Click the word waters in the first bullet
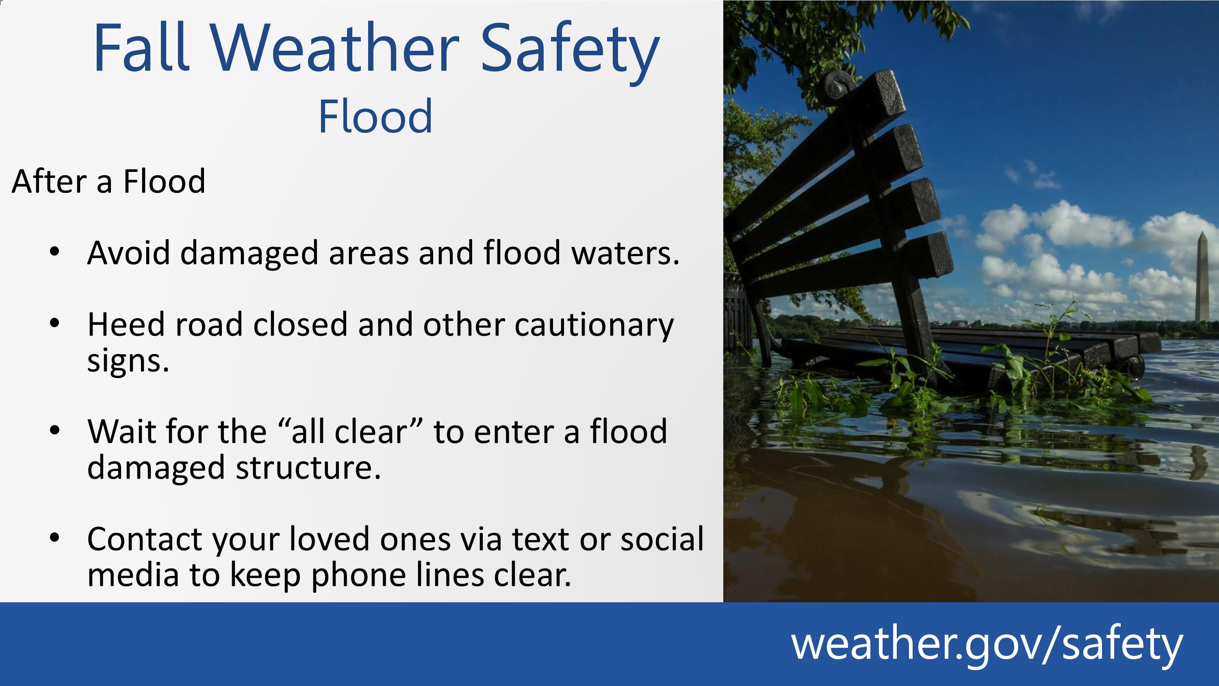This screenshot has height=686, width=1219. tap(625, 253)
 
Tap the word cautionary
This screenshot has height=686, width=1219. tap(594, 326)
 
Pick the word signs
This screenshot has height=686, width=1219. tap(128, 362)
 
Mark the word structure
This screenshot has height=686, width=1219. tap(308, 468)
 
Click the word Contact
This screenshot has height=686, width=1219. tap(144, 539)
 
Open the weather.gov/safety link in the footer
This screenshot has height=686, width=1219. tap(987, 644)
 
